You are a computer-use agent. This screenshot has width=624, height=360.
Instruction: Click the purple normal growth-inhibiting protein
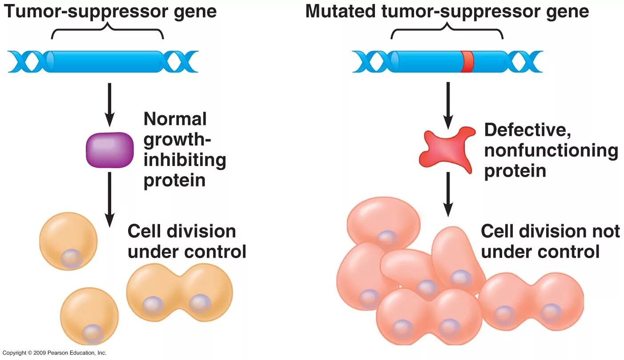[109, 150]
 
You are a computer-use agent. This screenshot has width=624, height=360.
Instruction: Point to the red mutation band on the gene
[467, 61]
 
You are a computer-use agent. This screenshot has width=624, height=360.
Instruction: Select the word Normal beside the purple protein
[175, 119]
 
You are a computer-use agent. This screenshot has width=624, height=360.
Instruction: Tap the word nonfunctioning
[551, 150]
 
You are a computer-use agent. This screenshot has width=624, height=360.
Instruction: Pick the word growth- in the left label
[177, 140]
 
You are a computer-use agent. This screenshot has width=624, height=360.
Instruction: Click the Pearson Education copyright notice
[54, 353]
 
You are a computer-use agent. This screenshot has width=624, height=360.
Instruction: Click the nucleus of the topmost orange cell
[72, 259]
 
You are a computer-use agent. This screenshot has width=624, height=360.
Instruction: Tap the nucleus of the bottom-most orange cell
[93, 333]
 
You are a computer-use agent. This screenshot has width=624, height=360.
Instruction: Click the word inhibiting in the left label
[185, 160]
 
